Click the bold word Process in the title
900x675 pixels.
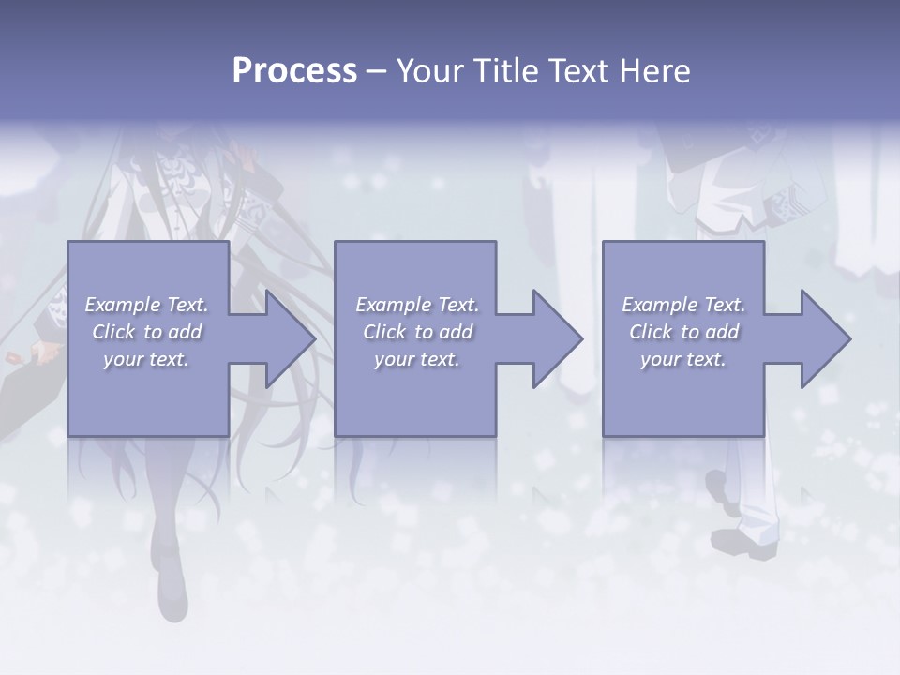click(294, 71)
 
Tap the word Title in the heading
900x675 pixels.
click(502, 71)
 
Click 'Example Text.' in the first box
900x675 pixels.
click(147, 305)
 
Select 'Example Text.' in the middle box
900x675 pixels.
click(417, 305)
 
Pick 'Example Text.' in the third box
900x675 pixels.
click(683, 305)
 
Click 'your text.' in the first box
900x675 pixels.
click(147, 359)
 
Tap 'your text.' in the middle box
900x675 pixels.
click(417, 359)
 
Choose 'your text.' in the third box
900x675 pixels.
click(683, 359)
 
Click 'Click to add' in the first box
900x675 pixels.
click(147, 332)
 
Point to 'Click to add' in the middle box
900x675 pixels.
click(417, 332)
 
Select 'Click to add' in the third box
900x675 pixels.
click(683, 332)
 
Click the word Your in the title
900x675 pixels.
click(427, 71)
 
